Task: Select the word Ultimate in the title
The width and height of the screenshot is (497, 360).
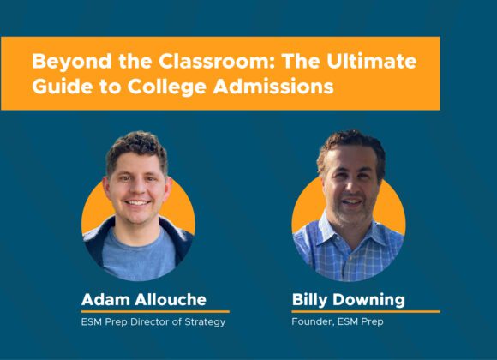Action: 372,61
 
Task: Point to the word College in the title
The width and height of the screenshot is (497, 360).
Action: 167,87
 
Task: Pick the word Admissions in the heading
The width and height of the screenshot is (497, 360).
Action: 273,86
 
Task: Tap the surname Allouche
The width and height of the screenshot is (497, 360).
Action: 171,299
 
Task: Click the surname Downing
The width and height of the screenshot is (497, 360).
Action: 368,300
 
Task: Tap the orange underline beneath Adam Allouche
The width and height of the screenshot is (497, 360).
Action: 155,312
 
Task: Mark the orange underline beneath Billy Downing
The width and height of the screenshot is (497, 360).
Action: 366,312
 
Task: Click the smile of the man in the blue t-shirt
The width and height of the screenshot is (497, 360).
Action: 137,202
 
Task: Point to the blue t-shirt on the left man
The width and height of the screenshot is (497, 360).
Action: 138,254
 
